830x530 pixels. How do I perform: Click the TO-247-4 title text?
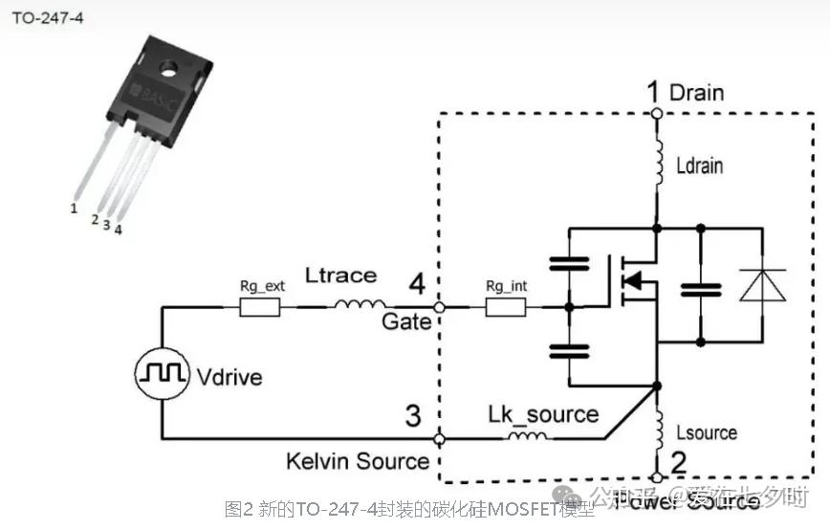(x=48, y=19)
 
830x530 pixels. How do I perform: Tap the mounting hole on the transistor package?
(x=169, y=68)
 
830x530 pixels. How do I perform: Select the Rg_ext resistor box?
(x=259, y=307)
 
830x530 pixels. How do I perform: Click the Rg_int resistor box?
(x=506, y=307)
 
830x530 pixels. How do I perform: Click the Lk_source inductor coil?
(x=528, y=438)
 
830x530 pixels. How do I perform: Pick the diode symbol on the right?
(x=763, y=285)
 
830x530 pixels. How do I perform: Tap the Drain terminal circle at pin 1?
(x=656, y=114)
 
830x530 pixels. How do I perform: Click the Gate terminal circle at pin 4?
(x=439, y=308)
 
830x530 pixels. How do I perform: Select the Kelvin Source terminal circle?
(x=439, y=439)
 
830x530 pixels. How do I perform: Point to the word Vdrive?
(x=230, y=376)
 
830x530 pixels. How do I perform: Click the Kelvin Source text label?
(x=358, y=462)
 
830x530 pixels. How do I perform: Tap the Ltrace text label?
(x=340, y=276)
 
